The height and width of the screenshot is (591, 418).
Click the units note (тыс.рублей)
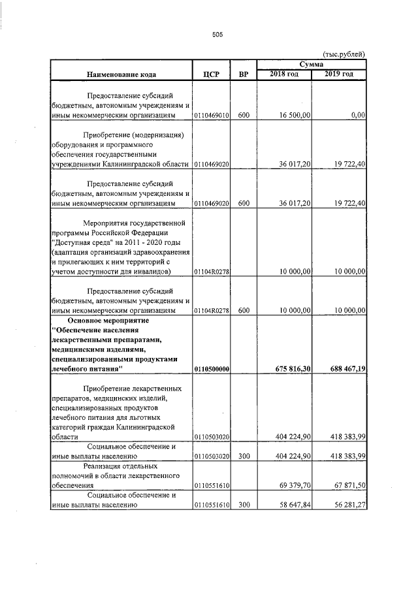[344, 54]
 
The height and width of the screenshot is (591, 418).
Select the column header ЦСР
[210, 74]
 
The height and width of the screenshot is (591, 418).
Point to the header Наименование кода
[120, 74]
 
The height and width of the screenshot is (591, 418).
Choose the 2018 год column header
[284, 74]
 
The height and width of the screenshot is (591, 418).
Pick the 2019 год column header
[340, 74]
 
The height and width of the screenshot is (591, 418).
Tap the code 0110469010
[211, 116]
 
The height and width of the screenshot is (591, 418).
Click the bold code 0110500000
[211, 370]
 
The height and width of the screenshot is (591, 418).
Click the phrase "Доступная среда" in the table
[82, 244]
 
